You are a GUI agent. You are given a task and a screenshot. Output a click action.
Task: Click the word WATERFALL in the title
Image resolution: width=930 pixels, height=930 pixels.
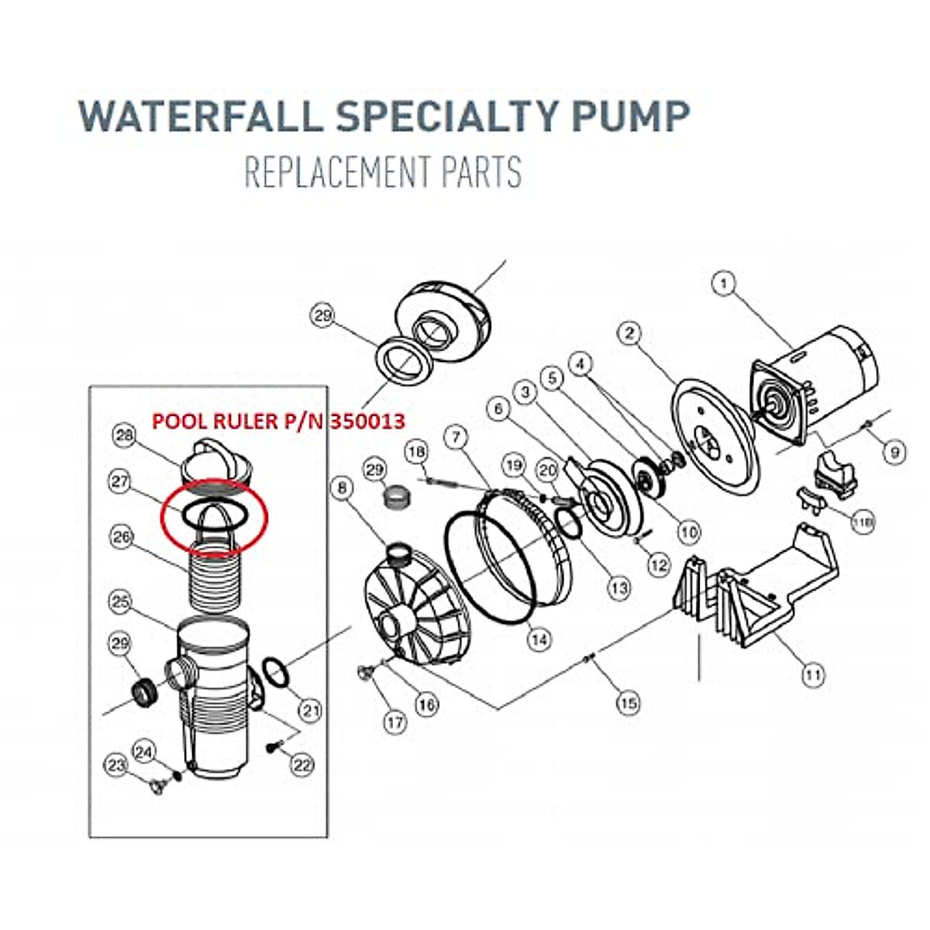click(x=200, y=115)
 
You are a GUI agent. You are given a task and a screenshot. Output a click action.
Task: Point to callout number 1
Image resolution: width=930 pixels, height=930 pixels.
click(x=724, y=284)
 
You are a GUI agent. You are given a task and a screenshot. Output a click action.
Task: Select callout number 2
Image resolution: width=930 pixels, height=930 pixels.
click(x=630, y=333)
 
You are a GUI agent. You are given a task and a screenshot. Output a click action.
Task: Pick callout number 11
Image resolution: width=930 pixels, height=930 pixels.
click(x=811, y=675)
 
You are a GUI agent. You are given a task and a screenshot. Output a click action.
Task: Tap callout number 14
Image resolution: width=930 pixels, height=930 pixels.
click(x=539, y=639)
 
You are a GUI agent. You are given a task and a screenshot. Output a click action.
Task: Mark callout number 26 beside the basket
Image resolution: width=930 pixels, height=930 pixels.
click(x=121, y=536)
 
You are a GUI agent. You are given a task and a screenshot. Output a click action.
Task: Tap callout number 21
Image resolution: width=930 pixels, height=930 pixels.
click(x=311, y=709)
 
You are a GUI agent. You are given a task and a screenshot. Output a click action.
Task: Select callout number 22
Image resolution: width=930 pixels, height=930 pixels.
click(x=301, y=765)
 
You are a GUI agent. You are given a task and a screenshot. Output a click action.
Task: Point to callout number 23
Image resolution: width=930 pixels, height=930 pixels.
click(x=116, y=766)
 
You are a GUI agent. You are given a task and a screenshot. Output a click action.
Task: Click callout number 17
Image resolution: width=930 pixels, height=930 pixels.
click(x=395, y=722)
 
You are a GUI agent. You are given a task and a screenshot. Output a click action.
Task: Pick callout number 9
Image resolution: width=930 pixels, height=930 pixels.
click(x=895, y=451)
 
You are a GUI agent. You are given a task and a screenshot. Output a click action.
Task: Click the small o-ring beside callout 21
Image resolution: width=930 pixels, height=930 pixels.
click(x=277, y=671)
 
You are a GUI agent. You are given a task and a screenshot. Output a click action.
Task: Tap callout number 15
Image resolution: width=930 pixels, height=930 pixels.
click(x=629, y=702)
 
